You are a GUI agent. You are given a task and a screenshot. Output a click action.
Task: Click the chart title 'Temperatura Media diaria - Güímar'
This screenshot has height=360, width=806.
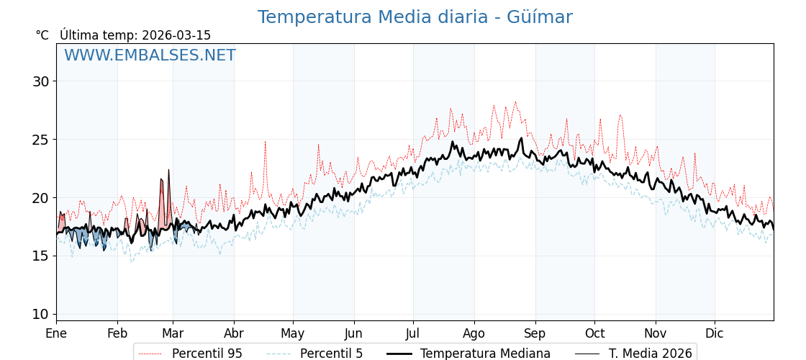coord(415,17)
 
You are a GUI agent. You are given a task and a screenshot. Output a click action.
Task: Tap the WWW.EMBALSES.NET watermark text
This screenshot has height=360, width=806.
coord(150,55)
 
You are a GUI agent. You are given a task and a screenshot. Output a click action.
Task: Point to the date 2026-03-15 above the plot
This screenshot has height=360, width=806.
coord(176,35)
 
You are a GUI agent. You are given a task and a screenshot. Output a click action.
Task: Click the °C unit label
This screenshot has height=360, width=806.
coord(42,35)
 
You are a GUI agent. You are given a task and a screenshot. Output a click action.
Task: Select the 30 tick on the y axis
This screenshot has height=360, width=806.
coord(41,81)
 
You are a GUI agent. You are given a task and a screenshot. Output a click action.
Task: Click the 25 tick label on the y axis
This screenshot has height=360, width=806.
coord(41,140)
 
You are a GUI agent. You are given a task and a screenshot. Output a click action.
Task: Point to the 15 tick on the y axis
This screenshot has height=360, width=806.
coord(41,256)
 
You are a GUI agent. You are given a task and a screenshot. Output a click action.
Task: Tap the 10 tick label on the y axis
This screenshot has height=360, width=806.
coord(41,314)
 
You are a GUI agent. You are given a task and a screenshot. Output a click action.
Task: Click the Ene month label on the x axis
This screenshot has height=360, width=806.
coord(56,334)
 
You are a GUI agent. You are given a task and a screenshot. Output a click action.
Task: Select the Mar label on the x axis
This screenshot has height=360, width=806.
coord(173,334)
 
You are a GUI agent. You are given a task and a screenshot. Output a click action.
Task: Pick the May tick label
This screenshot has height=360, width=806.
coord(293,334)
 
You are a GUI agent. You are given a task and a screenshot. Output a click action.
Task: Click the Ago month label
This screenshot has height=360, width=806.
coord(474,334)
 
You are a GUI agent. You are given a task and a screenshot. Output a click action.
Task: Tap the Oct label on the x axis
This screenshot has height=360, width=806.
coord(594,334)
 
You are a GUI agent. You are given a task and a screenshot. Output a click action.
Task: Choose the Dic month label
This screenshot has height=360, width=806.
coord(715,334)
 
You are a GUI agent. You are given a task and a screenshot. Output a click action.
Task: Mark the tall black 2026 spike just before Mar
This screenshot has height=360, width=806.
coord(168,171)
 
